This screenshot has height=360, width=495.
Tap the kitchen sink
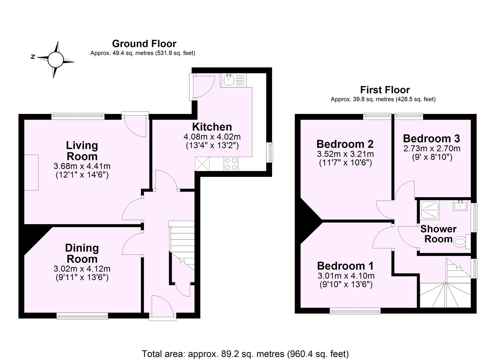click(229, 80)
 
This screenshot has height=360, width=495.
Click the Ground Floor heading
click(144, 44)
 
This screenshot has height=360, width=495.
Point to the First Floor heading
click(385, 90)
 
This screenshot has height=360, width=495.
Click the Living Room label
click(82, 151)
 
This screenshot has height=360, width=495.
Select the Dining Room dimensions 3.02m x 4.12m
click(82, 269)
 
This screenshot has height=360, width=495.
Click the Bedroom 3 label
click(431, 138)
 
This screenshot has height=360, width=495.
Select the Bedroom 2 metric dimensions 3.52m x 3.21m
click(345, 154)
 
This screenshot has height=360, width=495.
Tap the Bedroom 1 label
click(345, 266)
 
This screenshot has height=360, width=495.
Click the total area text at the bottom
click(245, 353)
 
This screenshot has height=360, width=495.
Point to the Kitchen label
click(212, 127)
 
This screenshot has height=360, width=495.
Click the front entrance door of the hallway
click(162, 308)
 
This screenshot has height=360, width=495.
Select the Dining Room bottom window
click(82, 316)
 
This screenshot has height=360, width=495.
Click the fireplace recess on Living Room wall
click(31, 172)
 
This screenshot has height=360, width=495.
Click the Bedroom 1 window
click(355, 311)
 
